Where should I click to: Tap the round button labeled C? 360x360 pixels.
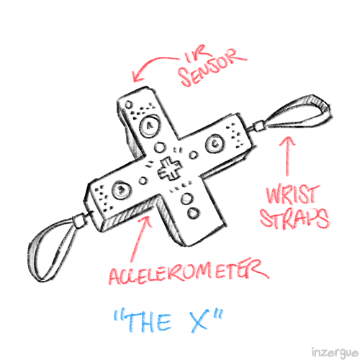tap(215, 143)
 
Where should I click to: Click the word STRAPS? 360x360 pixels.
tap(294, 217)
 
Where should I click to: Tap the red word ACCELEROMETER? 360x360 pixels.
tap(189, 272)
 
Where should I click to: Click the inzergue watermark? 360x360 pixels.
tap(335, 353)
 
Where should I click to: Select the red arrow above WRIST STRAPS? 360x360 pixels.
tap(287, 156)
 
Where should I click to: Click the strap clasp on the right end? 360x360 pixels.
tap(258, 126)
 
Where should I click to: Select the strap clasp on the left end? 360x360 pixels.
tap(78, 221)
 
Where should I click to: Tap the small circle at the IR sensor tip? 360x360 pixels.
tap(128, 104)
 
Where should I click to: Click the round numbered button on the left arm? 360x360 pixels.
tap(121, 190)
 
